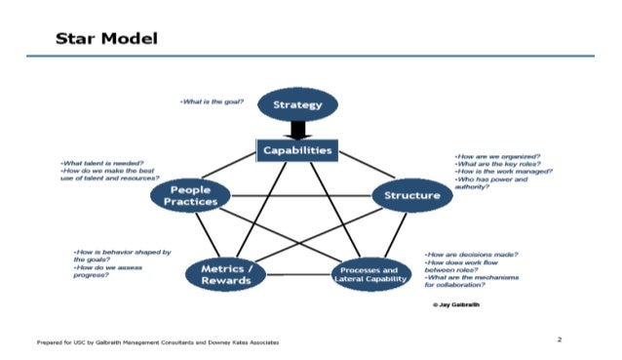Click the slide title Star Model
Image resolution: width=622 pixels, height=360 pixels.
click(107, 38)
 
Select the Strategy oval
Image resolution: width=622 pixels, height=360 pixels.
click(296, 105)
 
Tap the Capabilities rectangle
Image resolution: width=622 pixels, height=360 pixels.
click(296, 150)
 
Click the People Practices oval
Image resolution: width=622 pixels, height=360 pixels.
click(189, 195)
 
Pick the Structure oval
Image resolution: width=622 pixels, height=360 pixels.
click(412, 195)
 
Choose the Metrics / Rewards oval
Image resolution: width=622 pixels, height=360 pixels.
click(225, 275)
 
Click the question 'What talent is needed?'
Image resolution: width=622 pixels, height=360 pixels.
click(103, 163)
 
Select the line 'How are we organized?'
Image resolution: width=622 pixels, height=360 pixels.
click(498, 156)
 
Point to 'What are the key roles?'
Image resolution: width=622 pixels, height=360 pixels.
click(498, 164)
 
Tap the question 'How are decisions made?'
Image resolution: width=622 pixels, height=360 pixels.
click(470, 255)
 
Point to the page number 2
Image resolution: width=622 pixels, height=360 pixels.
click(560, 340)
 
